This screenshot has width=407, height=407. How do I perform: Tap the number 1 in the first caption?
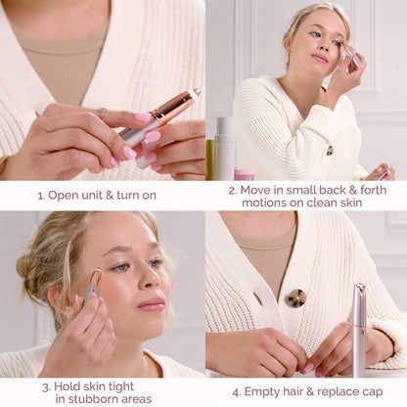[x=40, y=195]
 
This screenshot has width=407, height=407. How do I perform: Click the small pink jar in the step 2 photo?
[x=244, y=174]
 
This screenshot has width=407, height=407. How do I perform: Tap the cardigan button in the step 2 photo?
[x=330, y=151]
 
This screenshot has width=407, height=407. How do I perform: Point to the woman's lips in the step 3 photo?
[x=152, y=304]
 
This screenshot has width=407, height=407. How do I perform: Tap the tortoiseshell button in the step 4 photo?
[x=295, y=297]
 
